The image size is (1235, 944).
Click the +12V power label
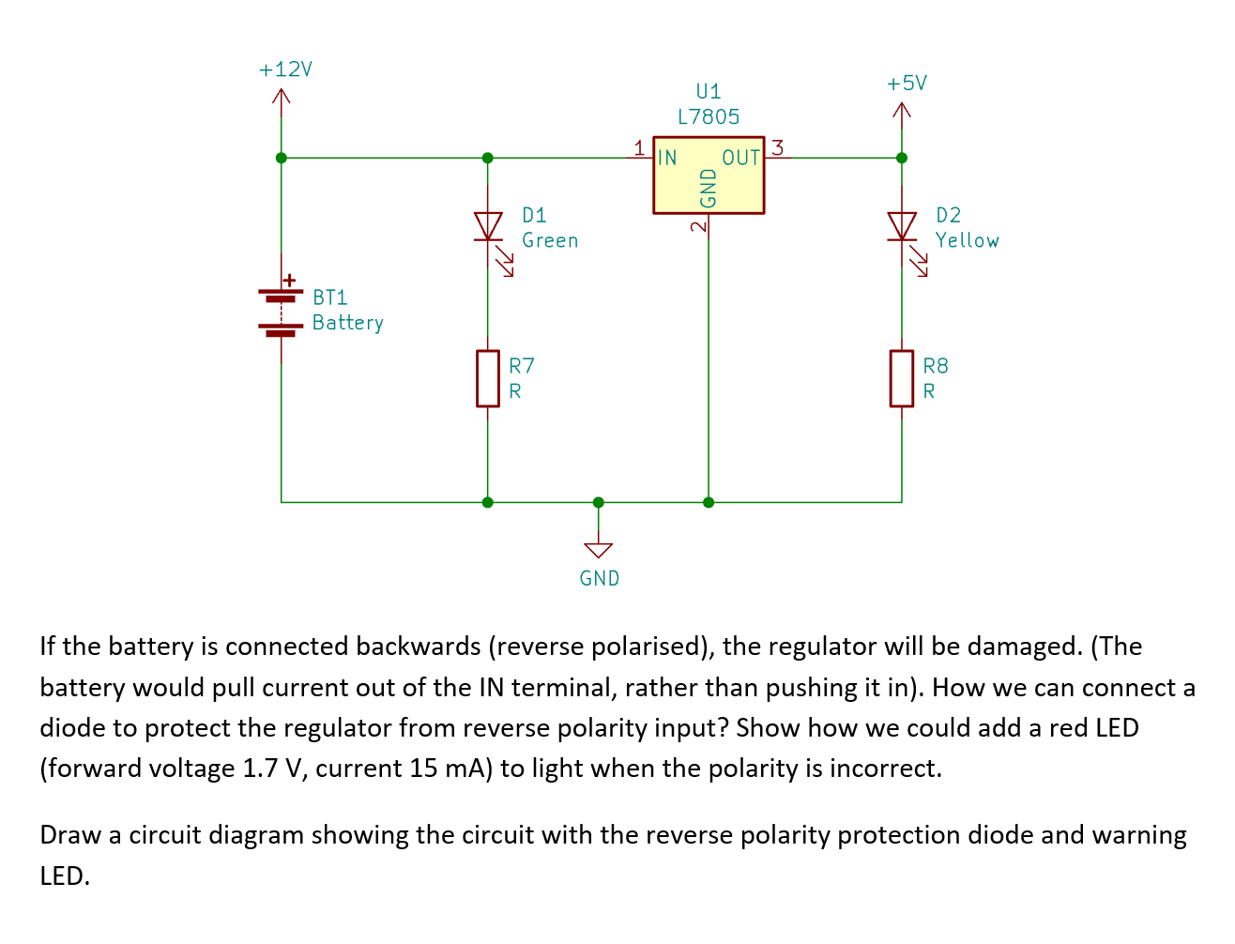(285, 69)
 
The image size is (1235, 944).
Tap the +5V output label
(907, 84)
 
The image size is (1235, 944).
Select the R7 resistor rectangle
(487, 378)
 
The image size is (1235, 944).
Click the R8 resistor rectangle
(902, 378)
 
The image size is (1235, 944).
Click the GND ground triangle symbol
(599, 550)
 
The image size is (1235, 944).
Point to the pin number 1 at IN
(639, 147)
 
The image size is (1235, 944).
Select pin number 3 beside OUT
(777, 147)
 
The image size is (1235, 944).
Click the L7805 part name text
(709, 117)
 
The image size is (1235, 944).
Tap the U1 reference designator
(709, 91)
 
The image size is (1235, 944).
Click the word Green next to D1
(550, 240)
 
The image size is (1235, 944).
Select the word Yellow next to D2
(967, 240)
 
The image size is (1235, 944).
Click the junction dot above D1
(487, 158)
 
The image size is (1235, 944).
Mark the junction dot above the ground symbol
(599, 502)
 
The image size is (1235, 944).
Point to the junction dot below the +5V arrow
(902, 158)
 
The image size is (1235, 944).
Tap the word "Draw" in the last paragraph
(68, 835)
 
